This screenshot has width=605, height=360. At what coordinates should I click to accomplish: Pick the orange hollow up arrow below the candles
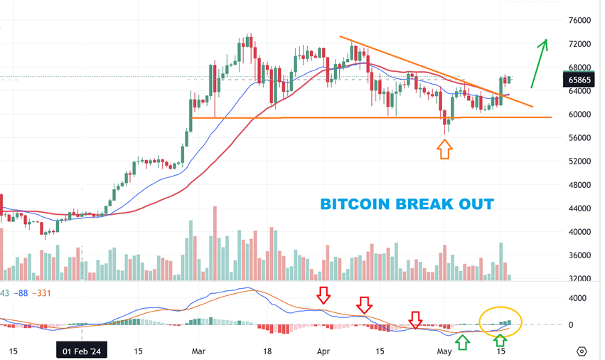(444, 149)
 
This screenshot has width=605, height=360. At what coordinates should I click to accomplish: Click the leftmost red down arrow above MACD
(323, 295)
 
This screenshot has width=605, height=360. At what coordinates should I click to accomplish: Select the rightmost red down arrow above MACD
(415, 319)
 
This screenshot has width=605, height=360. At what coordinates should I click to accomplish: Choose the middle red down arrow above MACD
(364, 305)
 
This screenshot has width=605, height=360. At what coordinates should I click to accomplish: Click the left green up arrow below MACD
(462, 342)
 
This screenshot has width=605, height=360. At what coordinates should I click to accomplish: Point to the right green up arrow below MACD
(500, 342)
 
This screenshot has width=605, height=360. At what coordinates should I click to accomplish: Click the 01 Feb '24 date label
(80, 351)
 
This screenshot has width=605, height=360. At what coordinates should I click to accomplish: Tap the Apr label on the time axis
(323, 351)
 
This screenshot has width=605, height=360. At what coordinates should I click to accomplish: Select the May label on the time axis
(444, 351)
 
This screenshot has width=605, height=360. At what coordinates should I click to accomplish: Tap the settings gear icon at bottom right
(582, 351)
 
